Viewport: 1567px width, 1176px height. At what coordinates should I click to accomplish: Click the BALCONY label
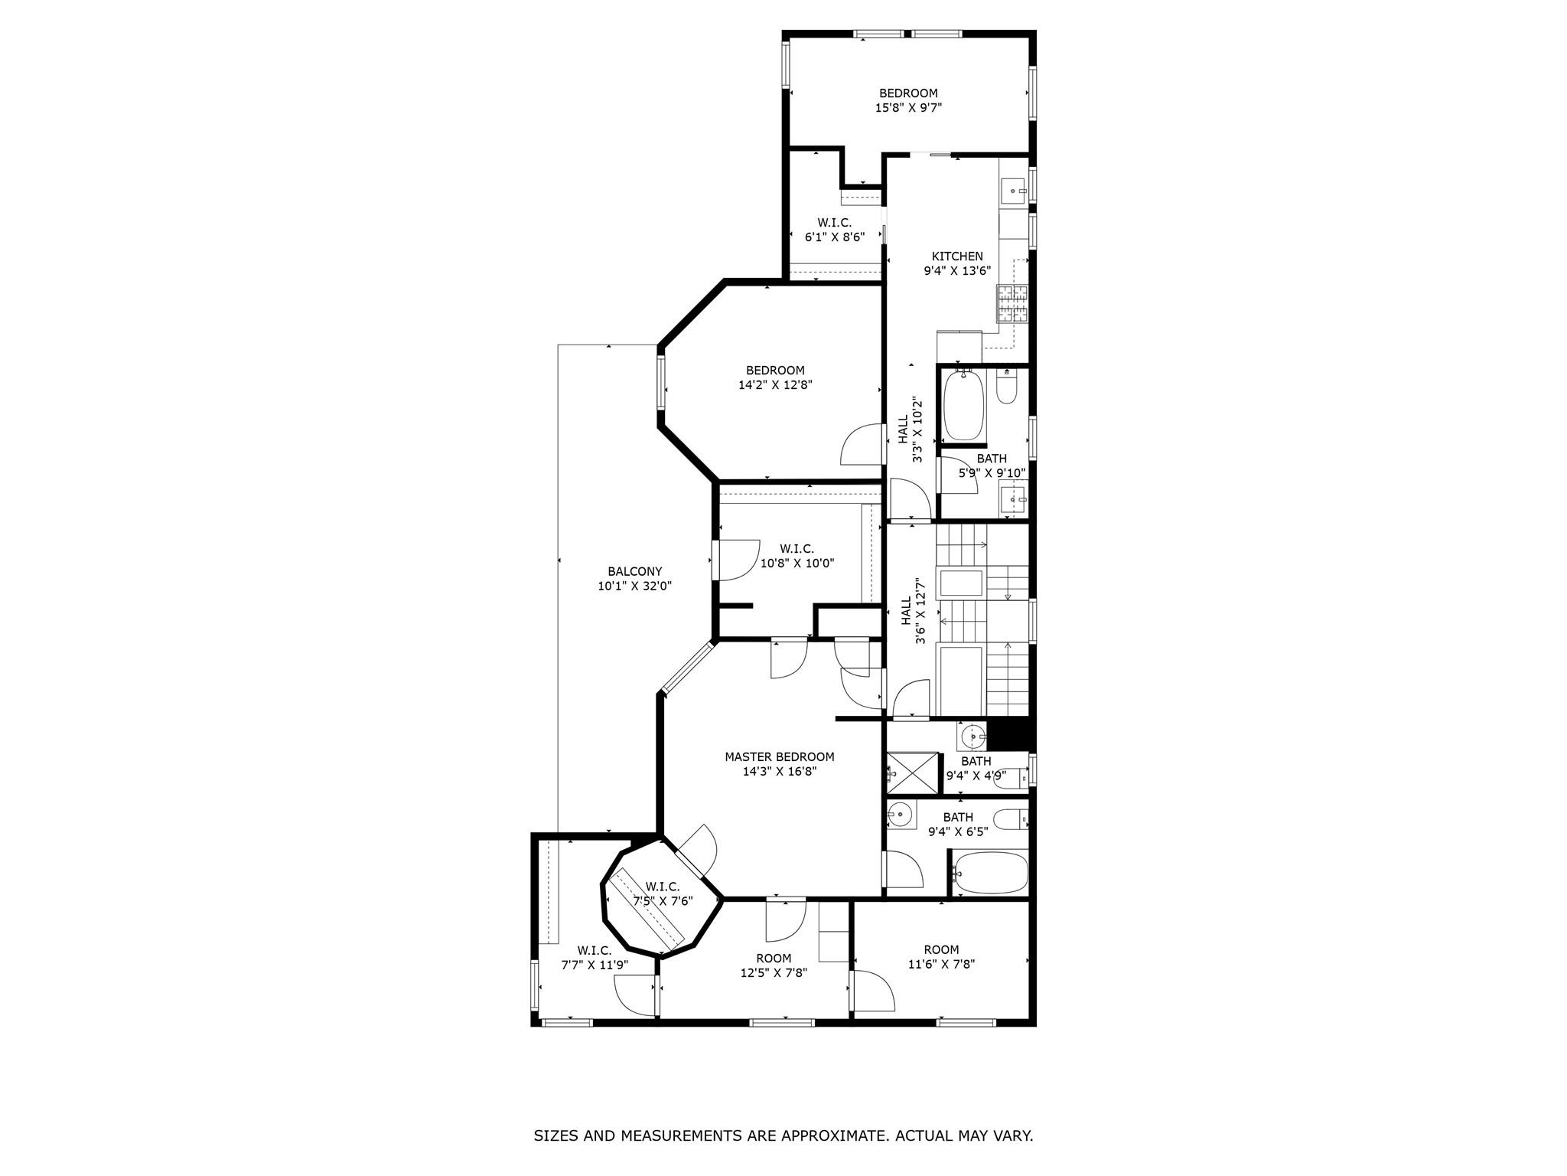pyautogui.click(x=634, y=571)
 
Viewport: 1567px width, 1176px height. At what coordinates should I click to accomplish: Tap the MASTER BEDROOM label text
pyautogui.click(x=779, y=756)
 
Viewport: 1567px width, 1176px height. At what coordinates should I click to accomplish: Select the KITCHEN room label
pyautogui.click(x=956, y=256)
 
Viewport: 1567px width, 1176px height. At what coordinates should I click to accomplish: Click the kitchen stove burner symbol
pyautogui.click(x=1012, y=302)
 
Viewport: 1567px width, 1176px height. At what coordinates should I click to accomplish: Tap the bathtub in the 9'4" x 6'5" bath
pyautogui.click(x=991, y=873)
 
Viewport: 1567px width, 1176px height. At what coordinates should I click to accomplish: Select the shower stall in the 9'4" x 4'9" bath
pyautogui.click(x=911, y=773)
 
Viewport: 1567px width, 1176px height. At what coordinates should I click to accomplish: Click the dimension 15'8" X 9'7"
pyautogui.click(x=908, y=108)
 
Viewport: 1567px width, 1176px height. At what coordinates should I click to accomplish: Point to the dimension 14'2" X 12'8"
pyautogui.click(x=775, y=385)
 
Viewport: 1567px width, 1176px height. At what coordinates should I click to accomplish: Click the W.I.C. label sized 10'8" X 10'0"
pyautogui.click(x=797, y=549)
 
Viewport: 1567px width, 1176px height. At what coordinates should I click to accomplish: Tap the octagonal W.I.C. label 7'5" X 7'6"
pyautogui.click(x=663, y=887)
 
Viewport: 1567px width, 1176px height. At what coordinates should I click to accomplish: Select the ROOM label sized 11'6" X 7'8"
pyautogui.click(x=940, y=949)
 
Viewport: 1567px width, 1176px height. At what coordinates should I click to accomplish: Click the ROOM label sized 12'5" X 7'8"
pyautogui.click(x=774, y=958)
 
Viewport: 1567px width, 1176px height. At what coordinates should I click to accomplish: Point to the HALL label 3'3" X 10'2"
pyautogui.click(x=903, y=430)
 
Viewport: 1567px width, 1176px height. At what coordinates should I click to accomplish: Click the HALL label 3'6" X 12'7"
pyautogui.click(x=906, y=610)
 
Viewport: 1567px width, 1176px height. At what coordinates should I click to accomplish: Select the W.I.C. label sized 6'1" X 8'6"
pyautogui.click(x=834, y=223)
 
